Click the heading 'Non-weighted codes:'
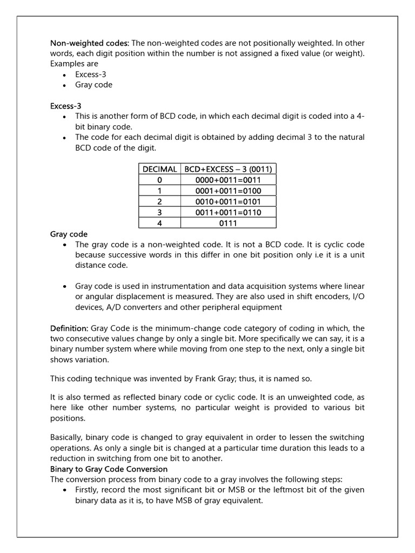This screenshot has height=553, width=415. tap(89, 43)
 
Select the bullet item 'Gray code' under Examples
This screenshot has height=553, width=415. tap(93, 85)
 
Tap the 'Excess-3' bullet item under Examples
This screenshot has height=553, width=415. tap(90, 75)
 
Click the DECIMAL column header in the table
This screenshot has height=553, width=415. tap(159, 169)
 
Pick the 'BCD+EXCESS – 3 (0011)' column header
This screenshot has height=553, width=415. tap(228, 169)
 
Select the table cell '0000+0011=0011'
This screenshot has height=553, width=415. tap(228, 180)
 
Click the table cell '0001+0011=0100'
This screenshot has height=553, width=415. tap(228, 191)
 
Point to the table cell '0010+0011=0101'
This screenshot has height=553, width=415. tap(228, 201)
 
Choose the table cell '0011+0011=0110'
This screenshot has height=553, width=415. tap(228, 212)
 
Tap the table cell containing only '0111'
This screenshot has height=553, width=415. tap(228, 223)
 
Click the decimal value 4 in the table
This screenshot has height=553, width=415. tap(159, 223)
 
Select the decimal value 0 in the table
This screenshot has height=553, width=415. tap(159, 180)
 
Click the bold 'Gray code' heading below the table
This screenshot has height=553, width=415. tap(69, 234)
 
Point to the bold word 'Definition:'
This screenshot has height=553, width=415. tap(69, 328)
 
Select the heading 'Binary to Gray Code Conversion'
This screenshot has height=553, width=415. tap(109, 469)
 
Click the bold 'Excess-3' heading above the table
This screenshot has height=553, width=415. tap(65, 106)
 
